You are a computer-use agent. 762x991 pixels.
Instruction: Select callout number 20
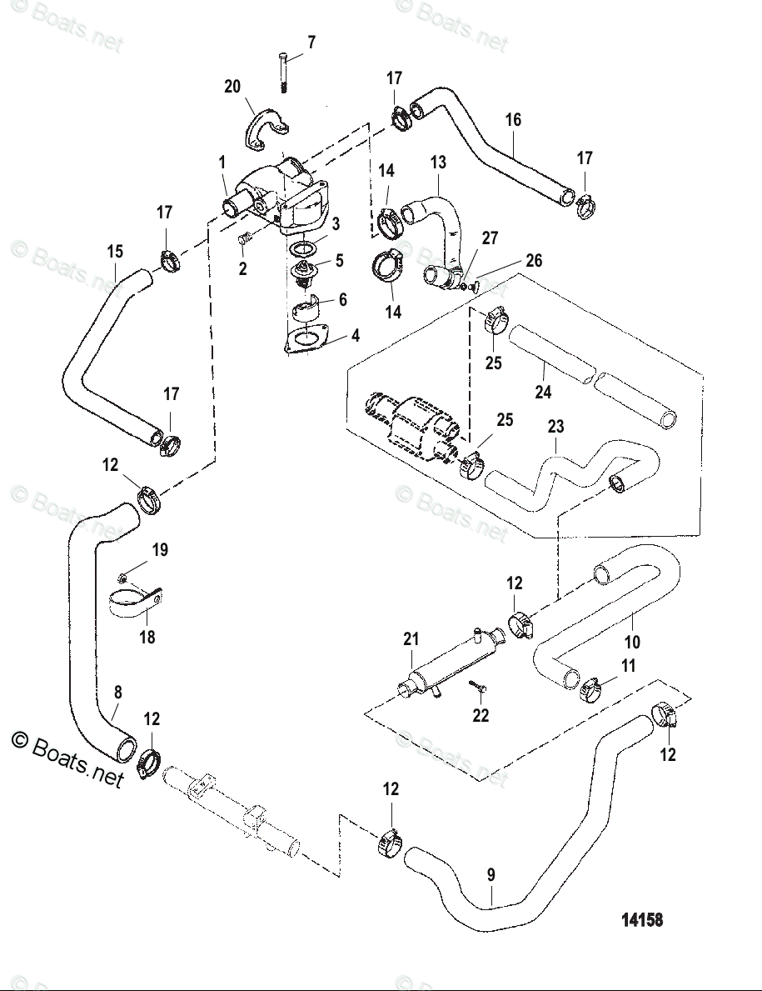click(x=232, y=86)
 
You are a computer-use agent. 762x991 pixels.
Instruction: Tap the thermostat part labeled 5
click(x=306, y=272)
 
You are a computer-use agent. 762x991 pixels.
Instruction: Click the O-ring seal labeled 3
click(x=302, y=247)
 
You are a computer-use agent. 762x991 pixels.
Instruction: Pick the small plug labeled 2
click(x=246, y=238)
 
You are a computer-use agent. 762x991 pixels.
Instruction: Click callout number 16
click(x=513, y=119)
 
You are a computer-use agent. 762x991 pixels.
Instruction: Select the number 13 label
click(x=438, y=163)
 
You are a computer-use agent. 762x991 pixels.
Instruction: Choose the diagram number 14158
click(x=642, y=919)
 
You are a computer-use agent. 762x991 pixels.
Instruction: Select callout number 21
click(x=411, y=639)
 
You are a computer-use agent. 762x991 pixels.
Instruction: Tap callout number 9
click(x=491, y=875)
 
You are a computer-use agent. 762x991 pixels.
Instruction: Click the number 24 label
click(x=543, y=392)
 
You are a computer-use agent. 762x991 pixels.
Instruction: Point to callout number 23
click(x=555, y=427)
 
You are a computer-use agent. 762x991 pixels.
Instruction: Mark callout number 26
click(x=534, y=260)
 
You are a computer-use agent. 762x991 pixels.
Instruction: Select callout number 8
click(x=117, y=693)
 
